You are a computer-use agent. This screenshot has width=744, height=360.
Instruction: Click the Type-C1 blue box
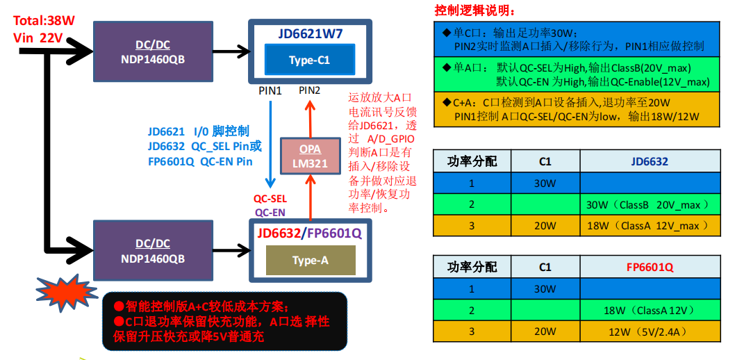pyautogui.click(x=309, y=60)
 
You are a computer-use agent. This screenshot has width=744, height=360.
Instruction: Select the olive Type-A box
pyautogui.click(x=311, y=261)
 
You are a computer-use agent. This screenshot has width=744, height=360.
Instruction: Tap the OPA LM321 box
pyautogui.click(x=311, y=156)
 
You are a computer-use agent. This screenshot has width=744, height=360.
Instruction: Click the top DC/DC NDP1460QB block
pyautogui.click(x=153, y=51)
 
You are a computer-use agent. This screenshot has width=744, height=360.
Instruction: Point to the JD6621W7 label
pyautogui.click(x=311, y=33)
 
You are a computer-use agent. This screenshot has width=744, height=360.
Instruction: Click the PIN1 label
pyautogui.click(x=270, y=91)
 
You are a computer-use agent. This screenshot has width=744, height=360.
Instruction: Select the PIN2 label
pyautogui.click(x=310, y=90)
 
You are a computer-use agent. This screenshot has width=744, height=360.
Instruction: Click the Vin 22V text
pyautogui.click(x=38, y=38)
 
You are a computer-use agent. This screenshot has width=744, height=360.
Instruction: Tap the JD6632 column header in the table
pyautogui.click(x=650, y=162)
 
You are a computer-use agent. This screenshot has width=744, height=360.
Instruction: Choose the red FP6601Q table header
pyautogui.click(x=650, y=267)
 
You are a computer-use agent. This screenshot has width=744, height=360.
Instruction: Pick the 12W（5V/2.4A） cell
pyautogui.click(x=650, y=331)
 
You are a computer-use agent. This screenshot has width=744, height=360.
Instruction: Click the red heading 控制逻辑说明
pyautogui.click(x=475, y=10)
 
